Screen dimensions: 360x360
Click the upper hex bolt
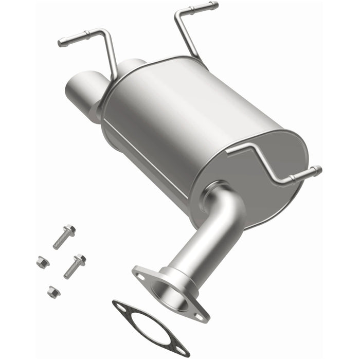point(63,237)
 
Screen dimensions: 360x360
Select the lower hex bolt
point(75,266)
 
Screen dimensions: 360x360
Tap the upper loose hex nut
point(42,262)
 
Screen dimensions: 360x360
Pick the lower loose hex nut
point(53,292)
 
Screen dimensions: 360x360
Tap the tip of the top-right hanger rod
point(213,6)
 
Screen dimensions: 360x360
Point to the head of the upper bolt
point(70,229)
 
